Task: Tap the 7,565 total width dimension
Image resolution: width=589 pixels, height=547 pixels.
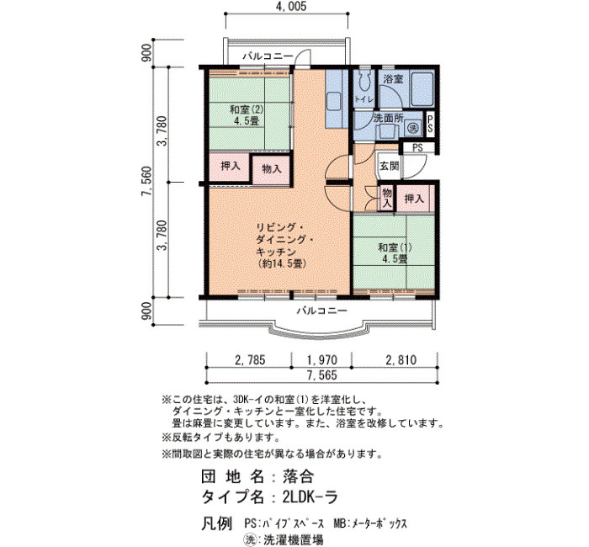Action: (x=322, y=375)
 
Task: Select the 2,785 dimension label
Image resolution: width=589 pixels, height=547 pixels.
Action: (x=250, y=360)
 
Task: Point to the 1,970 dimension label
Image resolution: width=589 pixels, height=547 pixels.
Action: (x=322, y=360)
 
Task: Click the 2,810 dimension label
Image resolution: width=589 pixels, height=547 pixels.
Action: (x=401, y=360)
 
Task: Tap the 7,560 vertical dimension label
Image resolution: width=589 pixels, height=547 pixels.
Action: (x=146, y=182)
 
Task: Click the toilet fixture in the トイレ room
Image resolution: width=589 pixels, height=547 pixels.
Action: (x=363, y=80)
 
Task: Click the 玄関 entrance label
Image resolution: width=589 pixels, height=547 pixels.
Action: (x=389, y=165)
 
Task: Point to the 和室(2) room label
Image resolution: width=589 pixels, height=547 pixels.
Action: (x=247, y=109)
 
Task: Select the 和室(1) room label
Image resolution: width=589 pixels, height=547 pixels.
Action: (x=395, y=247)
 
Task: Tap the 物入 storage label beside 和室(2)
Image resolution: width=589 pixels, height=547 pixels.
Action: (x=272, y=169)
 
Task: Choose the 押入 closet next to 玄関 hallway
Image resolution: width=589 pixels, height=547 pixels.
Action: (x=414, y=199)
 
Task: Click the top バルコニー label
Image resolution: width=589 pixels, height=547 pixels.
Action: (x=268, y=56)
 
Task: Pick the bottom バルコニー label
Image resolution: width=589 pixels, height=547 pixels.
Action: (x=322, y=311)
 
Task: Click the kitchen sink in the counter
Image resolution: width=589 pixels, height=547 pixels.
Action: (x=334, y=102)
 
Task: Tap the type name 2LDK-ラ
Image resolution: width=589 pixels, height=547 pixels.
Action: (x=310, y=497)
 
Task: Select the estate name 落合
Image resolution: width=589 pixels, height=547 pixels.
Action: (x=298, y=477)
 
